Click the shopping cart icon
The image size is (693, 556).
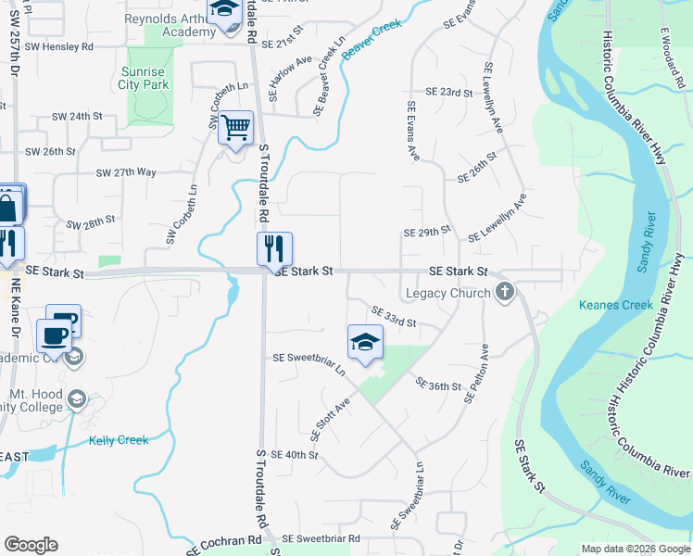pos(236,128)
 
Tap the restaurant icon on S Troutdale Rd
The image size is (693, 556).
pos(274,249)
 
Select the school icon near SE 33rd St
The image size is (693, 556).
pos(365,342)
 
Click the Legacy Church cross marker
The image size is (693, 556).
pos(505,294)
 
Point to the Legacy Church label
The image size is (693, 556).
pos(453,294)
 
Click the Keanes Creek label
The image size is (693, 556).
pos(616,305)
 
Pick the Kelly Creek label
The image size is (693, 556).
pos(119,440)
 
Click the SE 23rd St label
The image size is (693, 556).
pos(449,93)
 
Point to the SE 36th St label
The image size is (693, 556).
pos(437,385)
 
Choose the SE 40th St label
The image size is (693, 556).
pos(295,455)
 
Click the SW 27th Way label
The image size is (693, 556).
pos(127,172)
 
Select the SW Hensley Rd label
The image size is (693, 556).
pos(59,45)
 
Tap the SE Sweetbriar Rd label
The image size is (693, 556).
pos(321,538)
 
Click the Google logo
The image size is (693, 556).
pos(31,545)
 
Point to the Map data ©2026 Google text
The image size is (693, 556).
pos(636,549)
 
